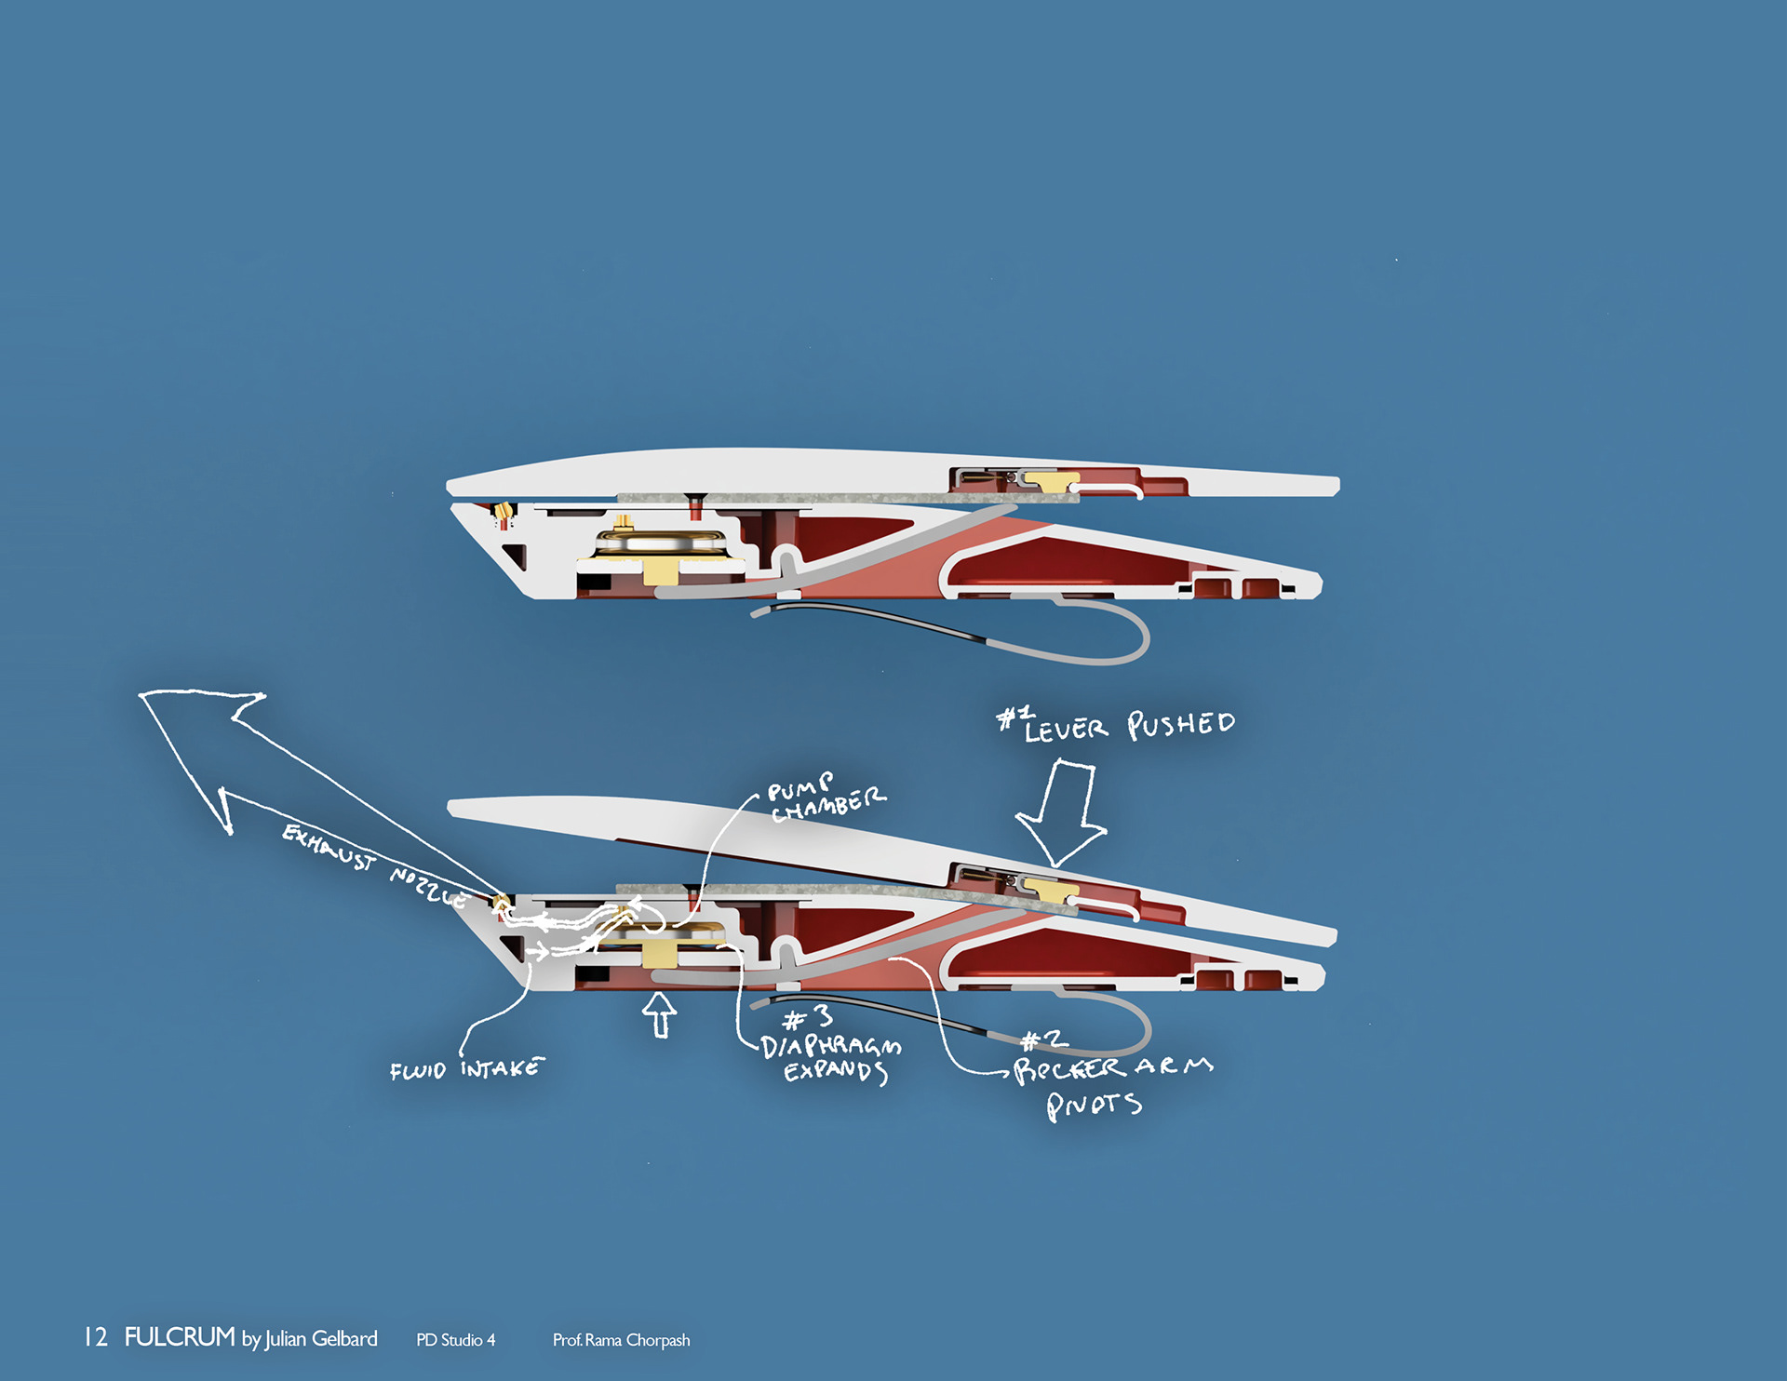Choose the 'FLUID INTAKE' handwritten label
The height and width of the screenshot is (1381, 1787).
(x=466, y=1069)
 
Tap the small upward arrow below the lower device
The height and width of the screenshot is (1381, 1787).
(x=660, y=1013)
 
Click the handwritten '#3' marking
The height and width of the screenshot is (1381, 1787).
(x=808, y=1018)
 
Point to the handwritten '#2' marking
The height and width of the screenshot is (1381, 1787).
(x=1043, y=1039)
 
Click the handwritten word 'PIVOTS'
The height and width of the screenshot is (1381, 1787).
(x=1094, y=1106)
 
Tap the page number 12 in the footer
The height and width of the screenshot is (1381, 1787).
(x=95, y=1338)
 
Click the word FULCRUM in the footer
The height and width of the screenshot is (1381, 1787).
(x=180, y=1337)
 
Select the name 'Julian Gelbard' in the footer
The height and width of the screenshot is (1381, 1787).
(x=321, y=1339)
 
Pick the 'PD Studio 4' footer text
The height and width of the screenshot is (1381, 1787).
(x=455, y=1340)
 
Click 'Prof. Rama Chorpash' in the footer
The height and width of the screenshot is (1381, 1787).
(x=621, y=1340)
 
